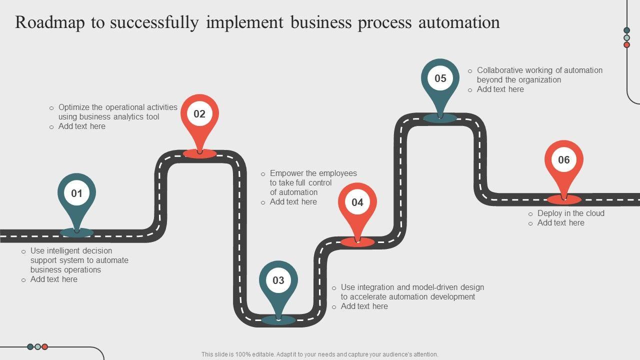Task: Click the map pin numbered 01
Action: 76,193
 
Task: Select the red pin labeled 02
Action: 199,114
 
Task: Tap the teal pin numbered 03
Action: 278,280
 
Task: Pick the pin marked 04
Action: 357,202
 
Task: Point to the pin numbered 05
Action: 440,78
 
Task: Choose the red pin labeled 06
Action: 563,160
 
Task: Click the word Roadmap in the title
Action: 48,22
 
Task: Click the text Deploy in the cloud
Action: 570,213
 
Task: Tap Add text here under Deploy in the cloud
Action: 560,223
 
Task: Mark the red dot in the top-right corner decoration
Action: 626,45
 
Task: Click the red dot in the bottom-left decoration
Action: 44,346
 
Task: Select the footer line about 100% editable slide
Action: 319,354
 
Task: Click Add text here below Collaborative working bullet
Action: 500,89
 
